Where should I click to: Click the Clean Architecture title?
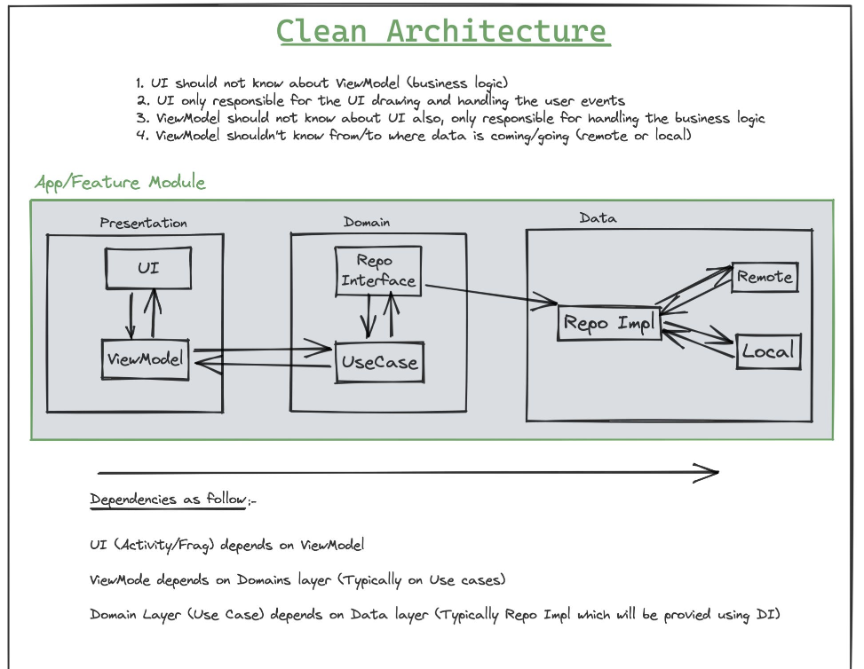point(441,31)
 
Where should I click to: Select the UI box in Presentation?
point(148,267)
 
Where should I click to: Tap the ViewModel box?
point(146,359)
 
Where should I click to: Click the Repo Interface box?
point(378,271)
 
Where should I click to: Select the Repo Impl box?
point(609,323)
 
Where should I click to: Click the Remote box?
point(765,277)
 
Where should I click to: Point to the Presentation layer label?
point(143,223)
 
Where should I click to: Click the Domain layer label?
point(367,222)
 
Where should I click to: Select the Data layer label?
point(598,217)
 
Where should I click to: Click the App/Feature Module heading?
point(120,183)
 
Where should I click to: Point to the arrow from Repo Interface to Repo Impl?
point(488,295)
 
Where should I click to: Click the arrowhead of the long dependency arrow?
point(708,473)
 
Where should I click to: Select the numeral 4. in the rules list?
point(140,136)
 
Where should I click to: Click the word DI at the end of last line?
point(768,614)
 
